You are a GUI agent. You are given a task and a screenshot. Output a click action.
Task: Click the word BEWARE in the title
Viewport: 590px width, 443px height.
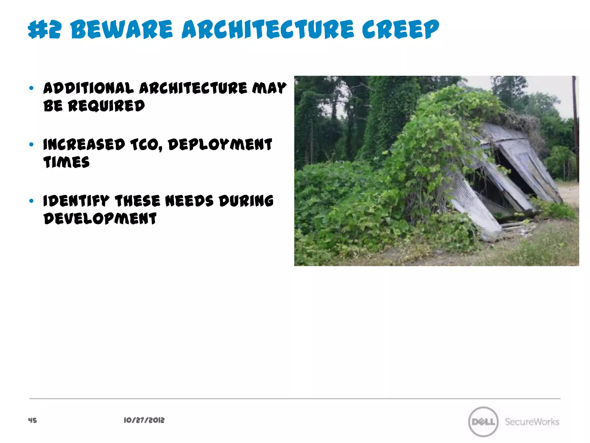click(x=122, y=29)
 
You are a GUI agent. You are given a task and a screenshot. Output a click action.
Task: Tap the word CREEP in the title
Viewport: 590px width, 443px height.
click(x=400, y=29)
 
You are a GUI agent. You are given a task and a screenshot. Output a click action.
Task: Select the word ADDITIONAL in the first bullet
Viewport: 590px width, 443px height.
click(x=88, y=88)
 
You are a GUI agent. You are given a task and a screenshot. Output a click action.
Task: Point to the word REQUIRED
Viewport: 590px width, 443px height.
click(x=106, y=106)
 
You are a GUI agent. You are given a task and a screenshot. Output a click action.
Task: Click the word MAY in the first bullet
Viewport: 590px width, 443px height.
click(x=269, y=88)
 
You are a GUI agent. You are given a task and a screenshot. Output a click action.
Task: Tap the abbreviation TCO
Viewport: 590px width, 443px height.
click(x=146, y=144)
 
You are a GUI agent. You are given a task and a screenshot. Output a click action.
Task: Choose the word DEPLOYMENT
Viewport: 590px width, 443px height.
click(x=220, y=144)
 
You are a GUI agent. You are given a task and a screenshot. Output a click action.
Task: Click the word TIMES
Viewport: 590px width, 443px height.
click(x=67, y=162)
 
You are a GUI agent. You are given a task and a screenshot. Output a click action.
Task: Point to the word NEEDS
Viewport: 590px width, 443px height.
click(x=189, y=201)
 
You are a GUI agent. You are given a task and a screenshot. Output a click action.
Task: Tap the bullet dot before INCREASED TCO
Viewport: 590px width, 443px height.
click(x=31, y=144)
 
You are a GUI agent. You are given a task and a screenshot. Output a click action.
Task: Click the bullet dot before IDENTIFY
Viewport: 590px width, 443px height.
click(x=31, y=201)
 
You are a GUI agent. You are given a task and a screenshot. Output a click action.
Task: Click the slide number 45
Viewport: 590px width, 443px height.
click(x=33, y=420)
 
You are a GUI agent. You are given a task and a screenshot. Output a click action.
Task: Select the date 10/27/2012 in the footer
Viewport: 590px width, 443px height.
click(x=144, y=420)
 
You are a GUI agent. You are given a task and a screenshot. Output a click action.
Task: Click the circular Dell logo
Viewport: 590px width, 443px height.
click(x=483, y=422)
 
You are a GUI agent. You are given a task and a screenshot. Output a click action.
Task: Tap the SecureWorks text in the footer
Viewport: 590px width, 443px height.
click(x=532, y=422)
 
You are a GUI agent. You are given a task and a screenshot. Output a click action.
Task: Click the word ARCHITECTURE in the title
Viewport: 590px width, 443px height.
click(x=268, y=29)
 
